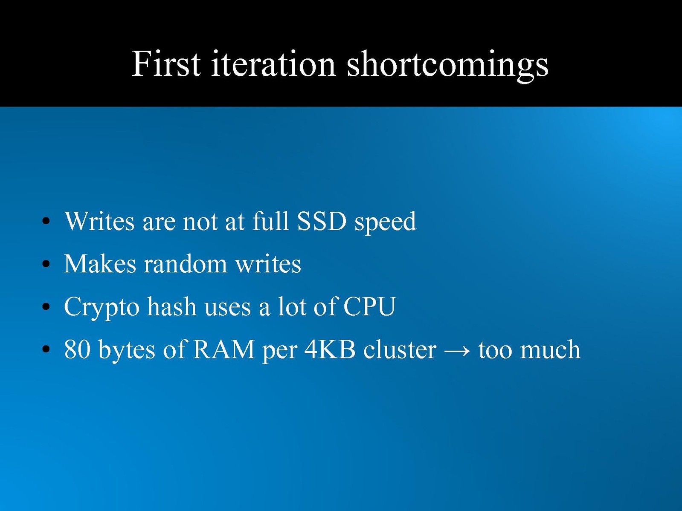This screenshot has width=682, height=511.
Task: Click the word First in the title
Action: (x=166, y=64)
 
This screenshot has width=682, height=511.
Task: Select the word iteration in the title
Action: (x=273, y=64)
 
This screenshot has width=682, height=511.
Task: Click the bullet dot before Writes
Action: (x=46, y=221)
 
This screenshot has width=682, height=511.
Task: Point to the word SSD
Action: (x=321, y=221)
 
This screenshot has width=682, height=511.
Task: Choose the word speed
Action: (x=385, y=222)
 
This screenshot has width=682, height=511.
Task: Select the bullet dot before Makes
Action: (x=46, y=264)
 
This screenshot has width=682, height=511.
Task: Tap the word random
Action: (x=185, y=263)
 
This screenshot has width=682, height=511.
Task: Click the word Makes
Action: (x=100, y=263)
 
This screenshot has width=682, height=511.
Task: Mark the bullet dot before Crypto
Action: (x=46, y=307)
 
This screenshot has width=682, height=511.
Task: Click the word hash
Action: (x=172, y=306)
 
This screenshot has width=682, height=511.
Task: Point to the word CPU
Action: (x=369, y=306)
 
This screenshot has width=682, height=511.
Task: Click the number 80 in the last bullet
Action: (x=77, y=349)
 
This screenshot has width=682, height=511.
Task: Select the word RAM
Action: (x=224, y=349)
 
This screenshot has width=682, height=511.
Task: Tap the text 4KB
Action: (x=330, y=349)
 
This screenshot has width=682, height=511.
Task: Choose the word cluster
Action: (x=400, y=349)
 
